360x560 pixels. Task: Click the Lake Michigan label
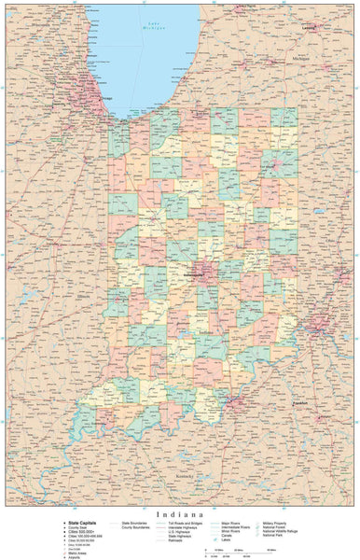pyautogui.click(x=152, y=27)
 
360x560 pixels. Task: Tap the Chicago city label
pyautogui.click(x=92, y=95)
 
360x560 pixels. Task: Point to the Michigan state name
pyautogui.click(x=299, y=60)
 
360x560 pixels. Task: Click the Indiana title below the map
pyautogui.click(x=180, y=512)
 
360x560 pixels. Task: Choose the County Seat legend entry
pyautogui.click(x=76, y=527)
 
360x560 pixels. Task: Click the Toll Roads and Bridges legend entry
pyautogui.click(x=187, y=524)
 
